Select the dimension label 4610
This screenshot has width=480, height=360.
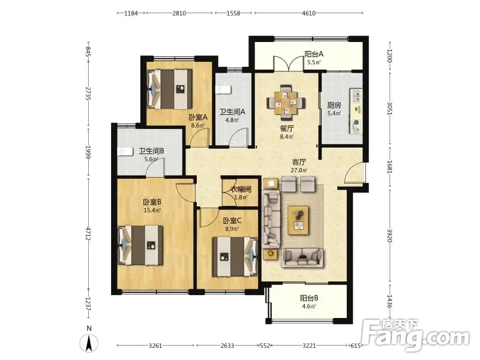click(x=308, y=13)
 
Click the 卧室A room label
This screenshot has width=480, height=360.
click(x=198, y=117)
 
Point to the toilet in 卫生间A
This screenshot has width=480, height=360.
click(x=223, y=89)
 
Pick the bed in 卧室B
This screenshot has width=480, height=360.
click(x=140, y=245)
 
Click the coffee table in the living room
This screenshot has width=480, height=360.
click(x=298, y=220)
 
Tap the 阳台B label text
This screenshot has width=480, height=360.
click(x=309, y=298)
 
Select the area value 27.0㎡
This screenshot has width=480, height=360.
click(x=299, y=170)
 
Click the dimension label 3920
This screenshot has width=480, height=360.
click(x=389, y=235)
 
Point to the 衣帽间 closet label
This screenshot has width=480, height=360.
click(x=241, y=190)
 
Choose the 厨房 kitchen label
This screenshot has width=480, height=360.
click(x=334, y=106)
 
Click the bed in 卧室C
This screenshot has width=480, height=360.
click(x=235, y=257)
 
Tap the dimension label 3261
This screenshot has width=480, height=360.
click(x=155, y=346)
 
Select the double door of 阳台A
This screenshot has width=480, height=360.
click(x=289, y=64)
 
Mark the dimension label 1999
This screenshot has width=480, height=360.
click(x=88, y=152)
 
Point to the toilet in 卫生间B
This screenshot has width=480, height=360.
click(x=125, y=152)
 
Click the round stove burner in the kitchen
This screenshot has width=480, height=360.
click(x=356, y=123)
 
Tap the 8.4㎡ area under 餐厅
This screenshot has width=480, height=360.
click(x=287, y=137)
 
